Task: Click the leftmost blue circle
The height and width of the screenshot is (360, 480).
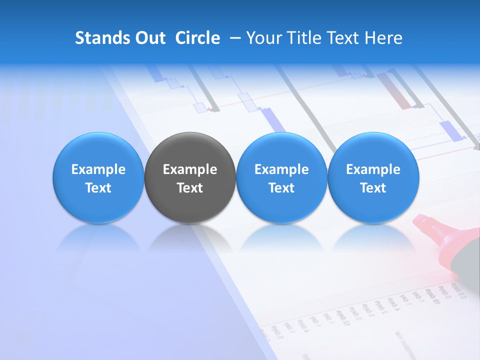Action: point(98,178)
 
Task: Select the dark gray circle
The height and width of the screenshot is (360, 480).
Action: point(190,178)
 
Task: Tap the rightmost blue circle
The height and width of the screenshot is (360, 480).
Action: point(373,178)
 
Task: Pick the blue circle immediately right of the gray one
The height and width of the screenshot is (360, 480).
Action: point(281,178)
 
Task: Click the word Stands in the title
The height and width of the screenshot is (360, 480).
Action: point(102,38)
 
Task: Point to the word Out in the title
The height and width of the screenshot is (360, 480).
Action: point(150,38)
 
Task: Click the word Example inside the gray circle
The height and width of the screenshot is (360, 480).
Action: point(190,169)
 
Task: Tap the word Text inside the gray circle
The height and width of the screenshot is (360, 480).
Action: point(190,188)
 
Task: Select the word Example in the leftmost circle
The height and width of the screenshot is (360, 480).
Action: point(98,169)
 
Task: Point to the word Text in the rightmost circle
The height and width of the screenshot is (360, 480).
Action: point(373,188)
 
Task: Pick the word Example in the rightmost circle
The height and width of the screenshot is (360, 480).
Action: point(373,169)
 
